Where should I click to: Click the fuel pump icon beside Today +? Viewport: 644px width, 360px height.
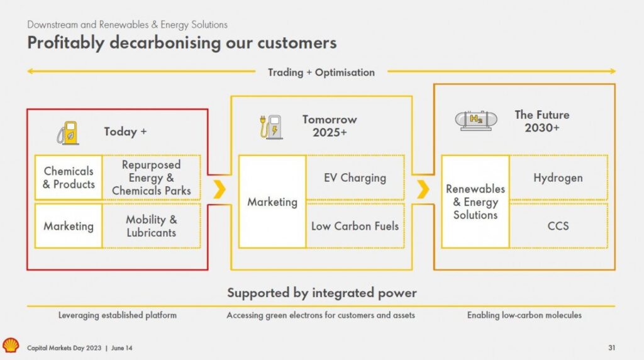click(x=67, y=133)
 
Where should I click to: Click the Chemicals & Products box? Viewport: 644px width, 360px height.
click(x=69, y=177)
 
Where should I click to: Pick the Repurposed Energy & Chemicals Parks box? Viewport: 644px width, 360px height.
click(x=152, y=177)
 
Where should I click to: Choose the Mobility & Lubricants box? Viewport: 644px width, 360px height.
click(x=152, y=226)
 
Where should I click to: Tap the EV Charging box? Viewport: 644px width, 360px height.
click(x=355, y=177)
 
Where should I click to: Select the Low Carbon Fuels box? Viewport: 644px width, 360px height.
click(x=355, y=225)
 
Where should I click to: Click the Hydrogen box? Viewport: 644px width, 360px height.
click(x=558, y=177)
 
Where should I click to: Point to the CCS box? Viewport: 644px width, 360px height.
click(x=558, y=225)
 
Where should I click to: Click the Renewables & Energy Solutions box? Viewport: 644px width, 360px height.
click(x=475, y=201)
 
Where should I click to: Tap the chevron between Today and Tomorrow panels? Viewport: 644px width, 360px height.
click(x=219, y=189)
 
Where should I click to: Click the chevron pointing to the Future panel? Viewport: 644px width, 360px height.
click(x=423, y=189)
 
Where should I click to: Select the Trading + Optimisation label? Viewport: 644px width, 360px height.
click(x=321, y=72)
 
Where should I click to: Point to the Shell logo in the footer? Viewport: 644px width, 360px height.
click(x=11, y=345)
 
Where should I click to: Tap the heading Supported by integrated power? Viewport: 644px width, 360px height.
click(x=321, y=293)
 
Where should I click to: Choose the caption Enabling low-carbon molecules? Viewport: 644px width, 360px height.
click(x=524, y=315)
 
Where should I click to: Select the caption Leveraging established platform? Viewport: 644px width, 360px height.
click(x=118, y=315)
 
